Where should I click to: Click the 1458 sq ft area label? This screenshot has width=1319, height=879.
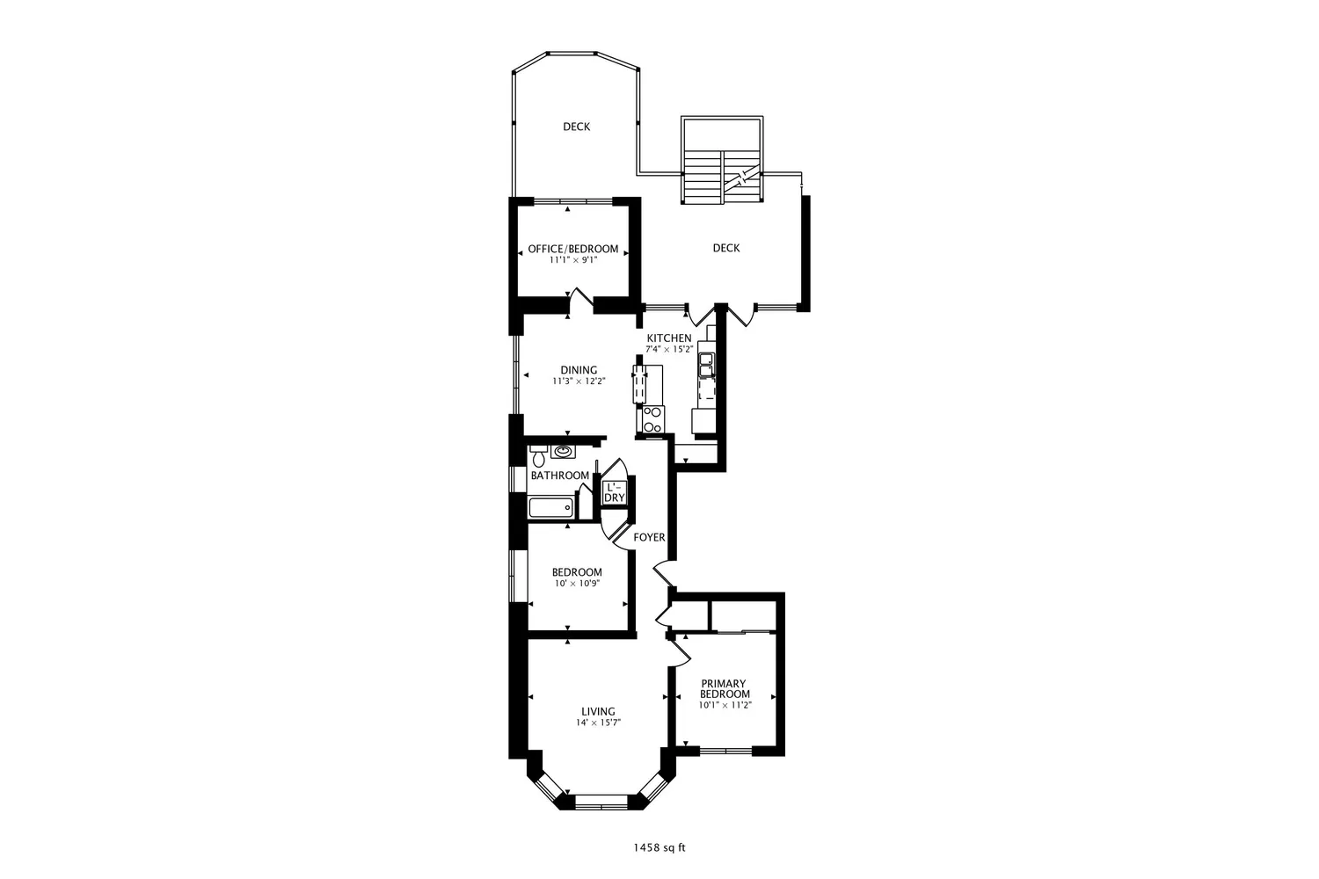tap(659, 848)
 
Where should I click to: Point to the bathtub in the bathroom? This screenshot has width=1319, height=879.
tap(551, 508)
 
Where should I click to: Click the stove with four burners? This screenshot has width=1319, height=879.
tap(652, 419)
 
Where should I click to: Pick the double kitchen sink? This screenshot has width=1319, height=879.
tap(706, 364)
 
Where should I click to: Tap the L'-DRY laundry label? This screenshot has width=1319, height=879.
tap(614, 492)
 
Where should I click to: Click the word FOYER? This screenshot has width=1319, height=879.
tap(649, 537)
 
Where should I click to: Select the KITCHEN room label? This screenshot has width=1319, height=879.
tap(669, 338)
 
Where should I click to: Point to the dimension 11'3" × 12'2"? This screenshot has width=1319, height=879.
tap(579, 381)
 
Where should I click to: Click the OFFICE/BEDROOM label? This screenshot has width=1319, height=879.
tap(572, 249)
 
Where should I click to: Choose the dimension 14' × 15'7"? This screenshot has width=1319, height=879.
tap(598, 723)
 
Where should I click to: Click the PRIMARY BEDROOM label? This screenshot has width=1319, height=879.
tap(725, 689)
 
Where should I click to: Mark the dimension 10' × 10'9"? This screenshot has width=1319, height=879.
tap(577, 584)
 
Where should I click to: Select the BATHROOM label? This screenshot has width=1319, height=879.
tap(559, 476)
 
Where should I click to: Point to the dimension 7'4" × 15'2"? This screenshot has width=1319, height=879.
tap(669, 349)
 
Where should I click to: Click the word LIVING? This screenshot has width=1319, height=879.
tap(598, 711)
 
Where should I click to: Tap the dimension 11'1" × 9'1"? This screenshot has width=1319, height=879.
tap(572, 260)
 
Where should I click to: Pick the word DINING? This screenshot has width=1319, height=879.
tap(579, 370)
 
